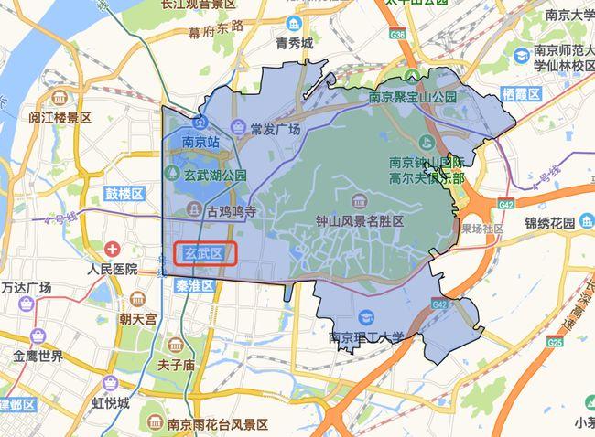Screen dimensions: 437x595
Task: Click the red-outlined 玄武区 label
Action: coord(205,254)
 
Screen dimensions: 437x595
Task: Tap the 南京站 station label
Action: coord(201,142)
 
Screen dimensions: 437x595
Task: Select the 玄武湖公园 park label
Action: coord(216,175)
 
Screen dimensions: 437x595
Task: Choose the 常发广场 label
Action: coord(275,129)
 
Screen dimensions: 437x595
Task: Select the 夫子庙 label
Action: coord(176,365)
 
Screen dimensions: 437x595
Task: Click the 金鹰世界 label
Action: coord(38,356)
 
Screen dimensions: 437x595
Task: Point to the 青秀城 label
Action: coord(294,42)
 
